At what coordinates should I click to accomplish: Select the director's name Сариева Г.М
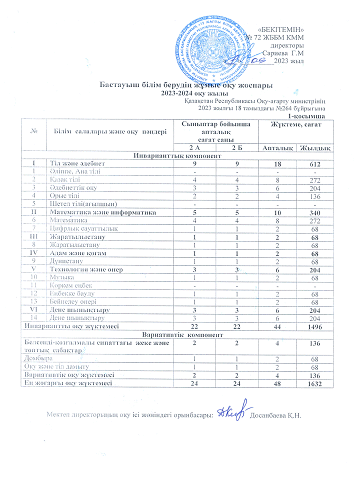point(284,53)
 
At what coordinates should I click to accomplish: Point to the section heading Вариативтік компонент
point(178,334)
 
